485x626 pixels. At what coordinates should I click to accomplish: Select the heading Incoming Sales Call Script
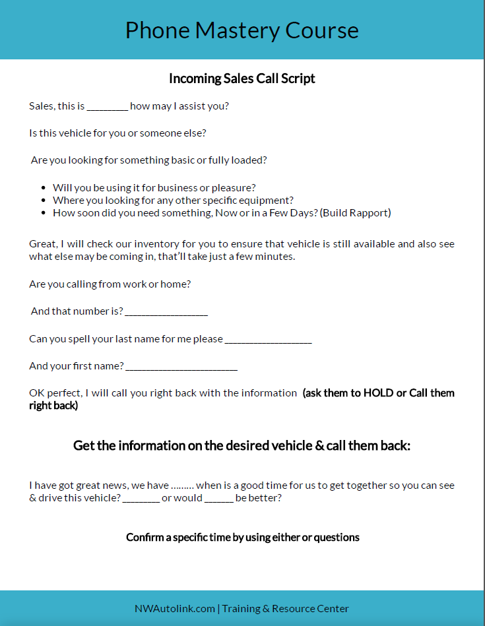pyautogui.click(x=242, y=78)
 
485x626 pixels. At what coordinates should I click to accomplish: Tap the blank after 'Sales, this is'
pyautogui.click(x=107, y=107)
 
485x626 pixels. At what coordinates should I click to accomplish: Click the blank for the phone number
pyautogui.click(x=166, y=312)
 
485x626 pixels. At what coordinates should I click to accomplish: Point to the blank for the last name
pyautogui.click(x=268, y=340)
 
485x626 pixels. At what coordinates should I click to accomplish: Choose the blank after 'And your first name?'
pyautogui.click(x=181, y=367)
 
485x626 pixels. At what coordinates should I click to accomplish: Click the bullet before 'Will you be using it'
pyautogui.click(x=44, y=188)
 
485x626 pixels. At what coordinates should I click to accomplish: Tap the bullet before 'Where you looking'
pyautogui.click(x=44, y=201)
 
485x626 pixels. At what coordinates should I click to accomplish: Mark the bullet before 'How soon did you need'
pyautogui.click(x=44, y=213)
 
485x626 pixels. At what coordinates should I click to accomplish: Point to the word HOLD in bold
pyautogui.click(x=379, y=393)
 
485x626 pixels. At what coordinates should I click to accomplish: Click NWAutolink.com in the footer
pyautogui.click(x=174, y=608)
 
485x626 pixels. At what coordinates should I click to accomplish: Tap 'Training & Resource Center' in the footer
pyautogui.click(x=285, y=608)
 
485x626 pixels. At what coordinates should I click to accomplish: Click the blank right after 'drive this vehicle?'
pyautogui.click(x=141, y=499)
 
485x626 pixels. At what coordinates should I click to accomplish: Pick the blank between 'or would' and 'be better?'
pyautogui.click(x=218, y=499)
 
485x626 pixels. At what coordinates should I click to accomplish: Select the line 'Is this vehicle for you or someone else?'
pyautogui.click(x=117, y=133)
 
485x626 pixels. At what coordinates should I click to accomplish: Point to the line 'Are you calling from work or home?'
pyautogui.click(x=110, y=284)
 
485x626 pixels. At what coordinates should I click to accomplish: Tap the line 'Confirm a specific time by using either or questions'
pyautogui.click(x=243, y=537)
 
